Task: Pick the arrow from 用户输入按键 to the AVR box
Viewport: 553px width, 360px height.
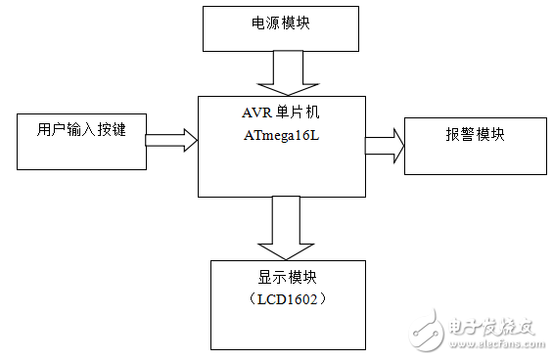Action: pos(171,140)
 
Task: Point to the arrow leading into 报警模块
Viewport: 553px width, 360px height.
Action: pos(385,145)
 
